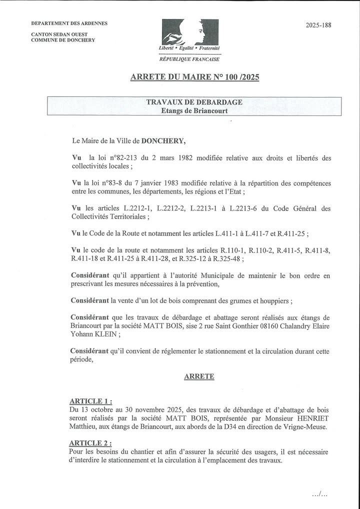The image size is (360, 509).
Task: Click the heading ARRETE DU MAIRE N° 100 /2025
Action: click(x=194, y=77)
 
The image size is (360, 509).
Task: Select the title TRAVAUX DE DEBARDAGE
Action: click(x=194, y=102)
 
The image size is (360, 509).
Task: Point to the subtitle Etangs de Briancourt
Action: click(x=194, y=110)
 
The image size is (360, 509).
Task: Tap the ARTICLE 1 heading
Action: click(x=90, y=401)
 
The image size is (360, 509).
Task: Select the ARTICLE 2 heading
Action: click(x=90, y=443)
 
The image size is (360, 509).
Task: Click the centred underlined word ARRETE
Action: click(x=199, y=376)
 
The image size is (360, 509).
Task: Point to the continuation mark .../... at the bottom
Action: click(x=319, y=494)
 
